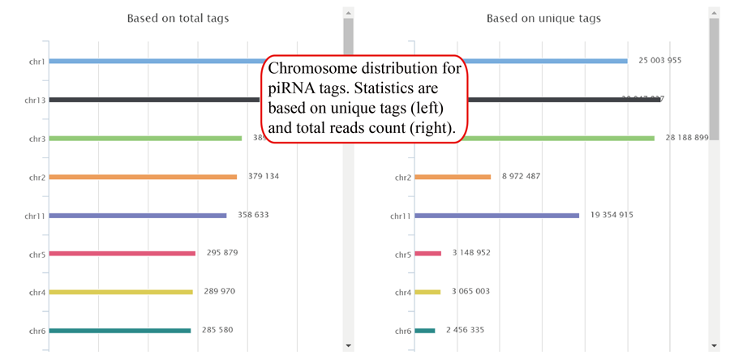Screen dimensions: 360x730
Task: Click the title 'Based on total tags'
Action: [178, 18]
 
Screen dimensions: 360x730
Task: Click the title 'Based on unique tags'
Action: [543, 18]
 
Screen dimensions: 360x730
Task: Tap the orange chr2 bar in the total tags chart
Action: [143, 177]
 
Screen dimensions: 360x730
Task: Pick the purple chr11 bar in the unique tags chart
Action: [496, 216]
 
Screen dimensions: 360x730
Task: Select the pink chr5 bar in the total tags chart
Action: [122, 254]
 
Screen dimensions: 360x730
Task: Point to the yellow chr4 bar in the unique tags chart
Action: [427, 292]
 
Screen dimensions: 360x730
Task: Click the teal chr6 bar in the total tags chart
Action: [119, 331]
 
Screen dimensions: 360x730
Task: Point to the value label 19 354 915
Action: [612, 215]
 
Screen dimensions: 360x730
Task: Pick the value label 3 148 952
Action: [471, 253]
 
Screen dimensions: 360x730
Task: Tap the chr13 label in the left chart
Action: [36, 100]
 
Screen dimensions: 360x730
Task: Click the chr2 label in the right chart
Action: [403, 178]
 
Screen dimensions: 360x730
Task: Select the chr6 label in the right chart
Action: [403, 331]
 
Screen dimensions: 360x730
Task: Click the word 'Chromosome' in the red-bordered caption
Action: [309, 69]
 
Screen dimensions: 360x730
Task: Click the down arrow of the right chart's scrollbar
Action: [714, 345]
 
